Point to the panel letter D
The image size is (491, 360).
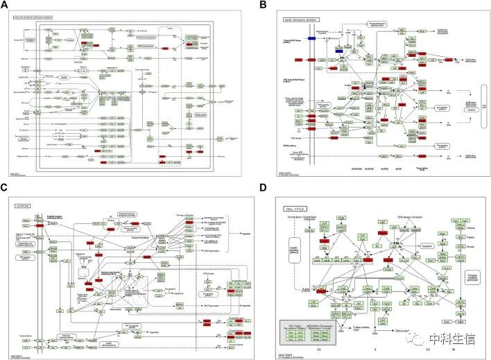263,187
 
